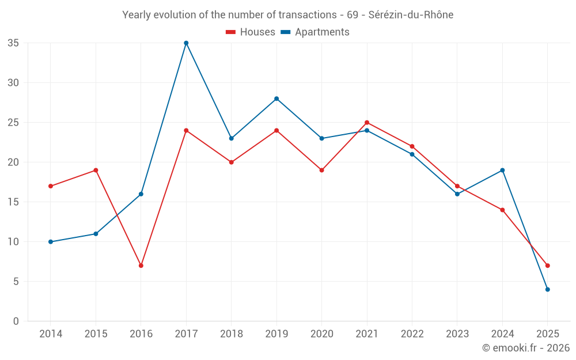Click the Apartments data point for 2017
pos(186,43)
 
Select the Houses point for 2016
pos(141,266)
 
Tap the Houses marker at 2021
pos(367,123)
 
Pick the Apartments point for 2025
pos(548,290)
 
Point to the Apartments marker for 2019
pos(276,98)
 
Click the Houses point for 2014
pos(51,186)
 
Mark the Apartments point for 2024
pos(502,170)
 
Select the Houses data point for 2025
pos(548,266)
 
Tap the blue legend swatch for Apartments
pos(285,32)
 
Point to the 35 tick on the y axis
pos(13,43)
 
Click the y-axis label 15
pos(13,202)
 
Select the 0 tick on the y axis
pos(16,321)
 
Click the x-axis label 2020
pos(321,334)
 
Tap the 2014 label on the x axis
pos(51,334)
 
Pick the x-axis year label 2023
pos(457,334)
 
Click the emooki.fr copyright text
pos(526,348)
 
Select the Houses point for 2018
pos(231,162)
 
